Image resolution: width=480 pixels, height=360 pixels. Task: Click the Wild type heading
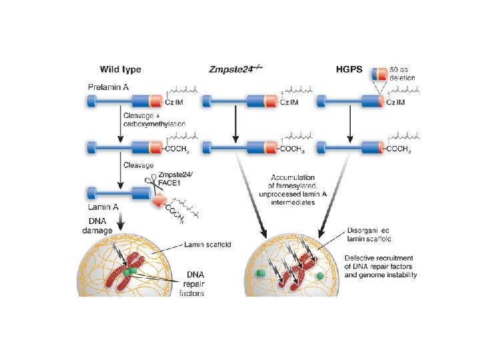[x=121, y=69]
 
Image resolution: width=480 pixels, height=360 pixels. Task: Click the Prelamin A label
[x=111, y=87]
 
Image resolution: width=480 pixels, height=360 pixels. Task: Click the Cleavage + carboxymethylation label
[x=154, y=119]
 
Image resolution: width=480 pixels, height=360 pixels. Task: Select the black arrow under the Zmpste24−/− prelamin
[x=235, y=123]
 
